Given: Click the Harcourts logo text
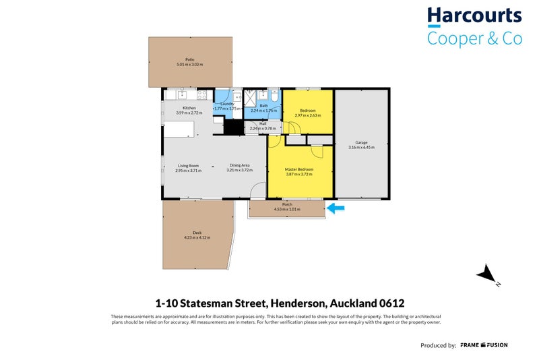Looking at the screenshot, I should click(x=474, y=17).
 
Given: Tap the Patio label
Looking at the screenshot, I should click(x=189, y=59).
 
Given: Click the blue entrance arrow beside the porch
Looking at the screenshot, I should click(x=336, y=210).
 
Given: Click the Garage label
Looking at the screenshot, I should click(x=362, y=142).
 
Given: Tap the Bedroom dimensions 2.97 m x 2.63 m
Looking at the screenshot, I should click(x=307, y=115).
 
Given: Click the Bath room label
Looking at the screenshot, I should click(x=263, y=105).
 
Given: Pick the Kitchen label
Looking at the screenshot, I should click(x=189, y=109).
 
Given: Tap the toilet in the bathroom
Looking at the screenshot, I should click(x=273, y=95).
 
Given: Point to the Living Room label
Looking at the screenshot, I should click(x=188, y=165).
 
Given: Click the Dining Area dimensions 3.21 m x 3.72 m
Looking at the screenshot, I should click(x=239, y=170).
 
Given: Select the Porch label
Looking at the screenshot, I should click(x=287, y=204).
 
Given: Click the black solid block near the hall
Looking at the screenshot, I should click(x=232, y=127).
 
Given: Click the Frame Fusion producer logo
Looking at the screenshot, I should click(x=484, y=345).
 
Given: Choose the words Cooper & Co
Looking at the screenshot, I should click(x=474, y=38).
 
